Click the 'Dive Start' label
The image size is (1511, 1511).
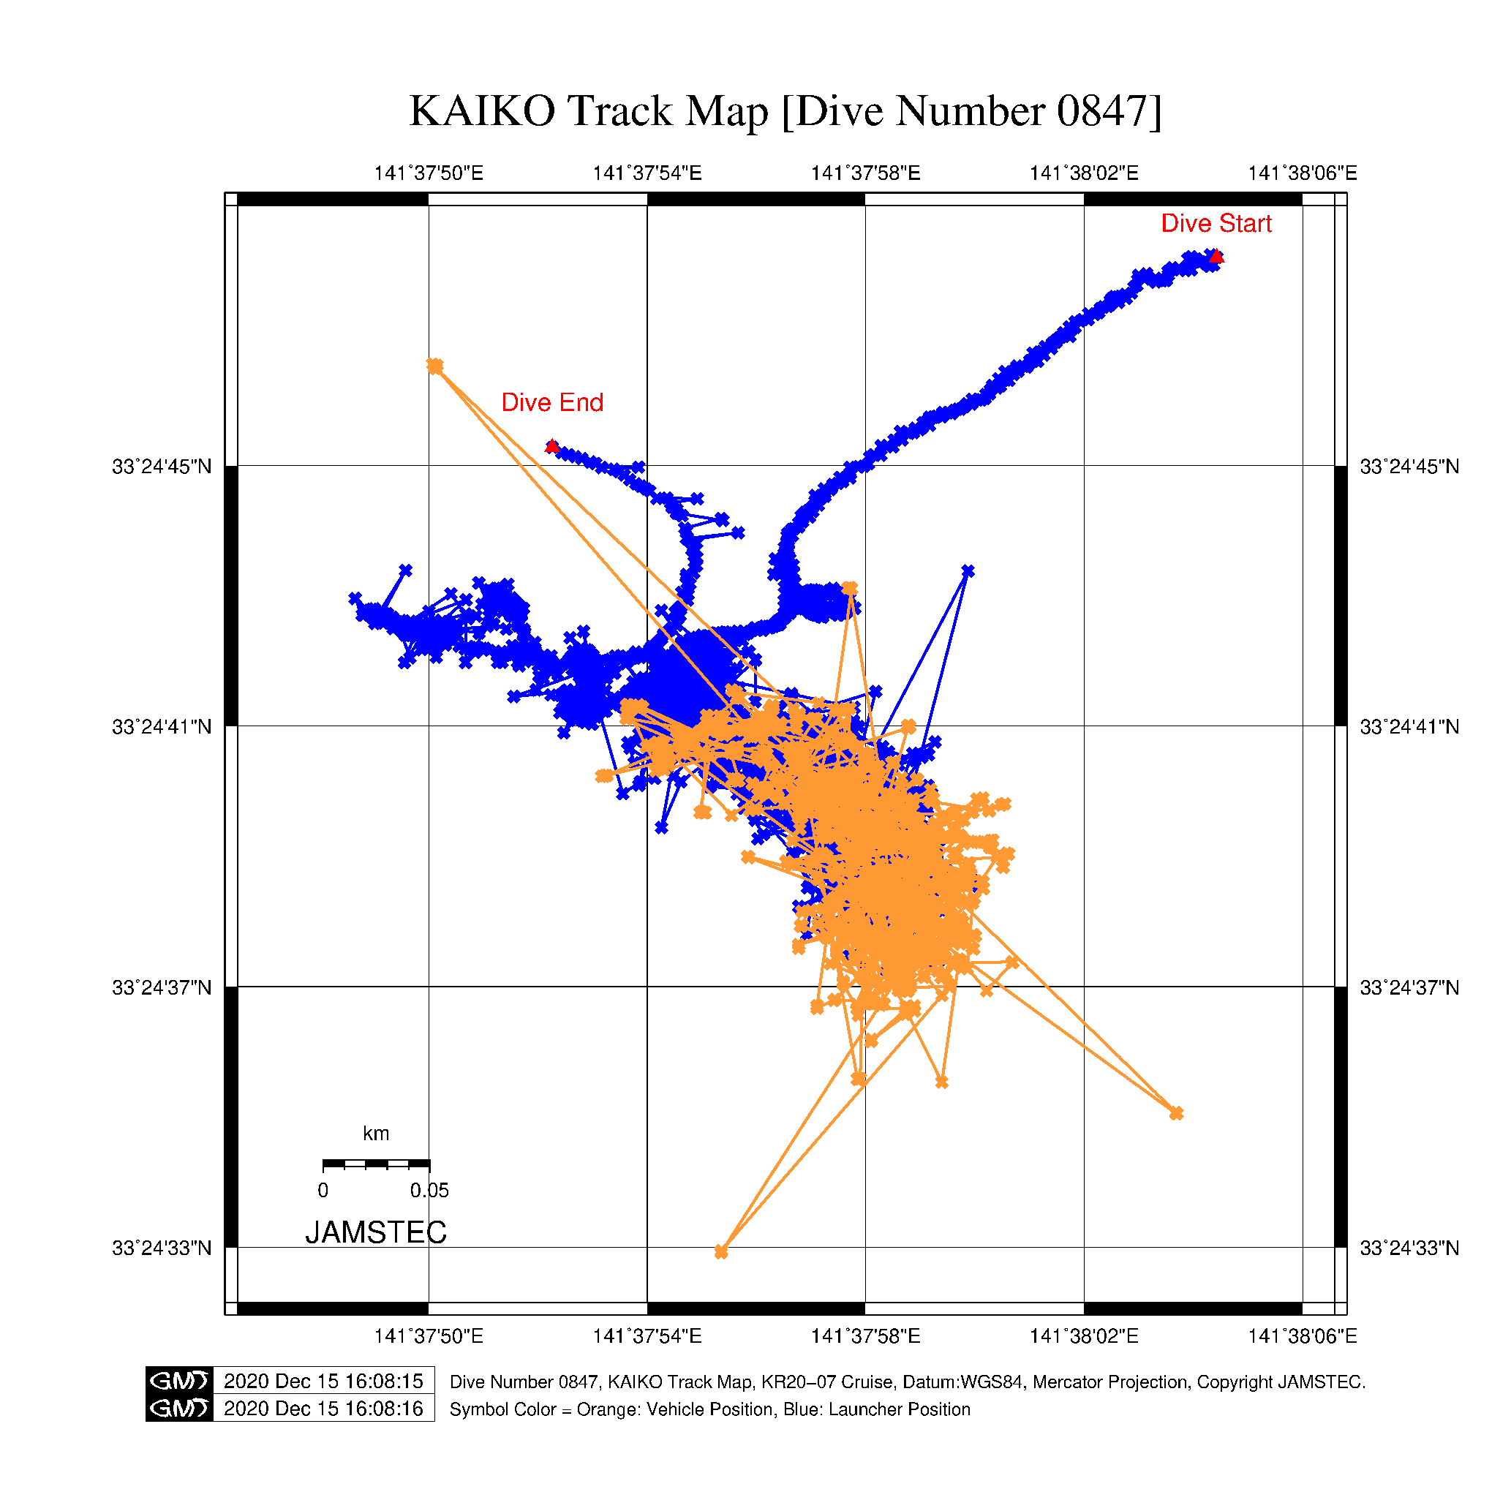pos(1216,224)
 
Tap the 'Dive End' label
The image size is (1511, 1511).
pos(552,403)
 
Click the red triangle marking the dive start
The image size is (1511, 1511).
pos(1216,257)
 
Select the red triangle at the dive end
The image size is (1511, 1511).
pos(552,447)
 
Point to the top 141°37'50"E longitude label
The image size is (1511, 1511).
pos(429,173)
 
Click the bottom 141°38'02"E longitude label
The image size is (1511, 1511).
pos(1083,1335)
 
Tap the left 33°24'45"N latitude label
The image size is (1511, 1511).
pos(162,467)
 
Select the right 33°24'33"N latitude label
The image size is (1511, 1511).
pos(1409,1248)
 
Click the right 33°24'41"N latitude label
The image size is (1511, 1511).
pos(1409,728)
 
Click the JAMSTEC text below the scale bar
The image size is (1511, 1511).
pos(375,1232)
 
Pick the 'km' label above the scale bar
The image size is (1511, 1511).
pos(375,1134)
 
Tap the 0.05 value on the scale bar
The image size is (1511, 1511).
pos(429,1191)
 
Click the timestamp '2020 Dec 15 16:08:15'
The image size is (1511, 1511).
pos(323,1381)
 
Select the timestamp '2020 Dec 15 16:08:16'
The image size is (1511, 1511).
pos(323,1409)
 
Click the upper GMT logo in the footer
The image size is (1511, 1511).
pos(179,1381)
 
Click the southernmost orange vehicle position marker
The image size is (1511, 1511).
pos(721,1252)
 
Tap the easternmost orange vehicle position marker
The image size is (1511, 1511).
pos(1176,1113)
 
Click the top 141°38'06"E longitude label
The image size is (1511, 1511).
pos(1302,173)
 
